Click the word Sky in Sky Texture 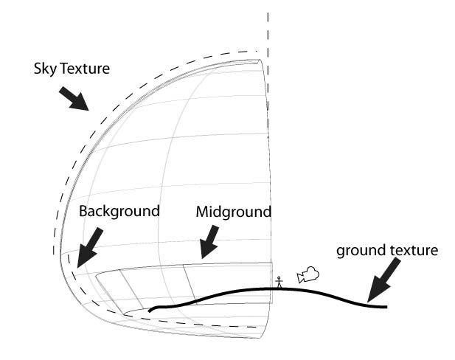[46, 69]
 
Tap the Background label [119, 211]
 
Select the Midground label [234, 212]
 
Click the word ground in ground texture [358, 251]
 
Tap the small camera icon [308, 275]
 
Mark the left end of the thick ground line [150, 311]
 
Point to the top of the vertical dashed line [268, 13]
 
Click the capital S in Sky [38, 69]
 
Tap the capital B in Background [83, 211]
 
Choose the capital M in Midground [202, 212]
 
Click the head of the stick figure [279, 277]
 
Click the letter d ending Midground [267, 212]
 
